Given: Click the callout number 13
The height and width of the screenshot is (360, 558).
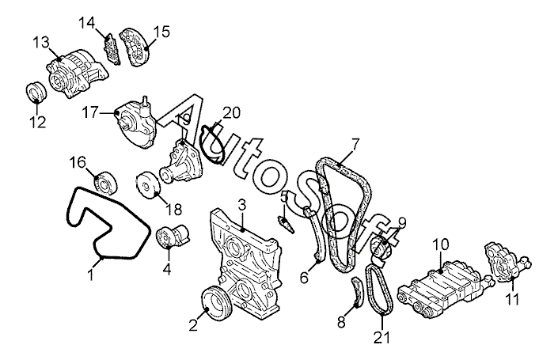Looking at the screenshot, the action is (x=41, y=43).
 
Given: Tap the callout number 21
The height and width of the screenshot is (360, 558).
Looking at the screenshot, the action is (x=381, y=338).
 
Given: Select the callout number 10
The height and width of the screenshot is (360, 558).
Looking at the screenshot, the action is (x=441, y=244).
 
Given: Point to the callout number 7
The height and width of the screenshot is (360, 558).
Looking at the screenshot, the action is (x=355, y=145).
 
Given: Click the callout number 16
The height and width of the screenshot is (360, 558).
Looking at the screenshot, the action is (x=78, y=162).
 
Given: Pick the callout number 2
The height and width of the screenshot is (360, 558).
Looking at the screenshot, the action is (x=193, y=326).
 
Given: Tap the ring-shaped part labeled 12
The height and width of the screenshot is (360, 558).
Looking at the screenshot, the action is (x=36, y=92).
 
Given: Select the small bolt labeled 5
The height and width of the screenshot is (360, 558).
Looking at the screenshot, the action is (x=287, y=222).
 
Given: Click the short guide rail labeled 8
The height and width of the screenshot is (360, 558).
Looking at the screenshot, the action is (x=357, y=291).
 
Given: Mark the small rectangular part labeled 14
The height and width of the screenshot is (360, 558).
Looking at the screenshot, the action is (x=112, y=50).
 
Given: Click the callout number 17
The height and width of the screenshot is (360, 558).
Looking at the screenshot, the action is (x=90, y=113).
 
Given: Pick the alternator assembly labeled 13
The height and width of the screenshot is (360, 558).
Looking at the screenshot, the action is (x=77, y=74).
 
